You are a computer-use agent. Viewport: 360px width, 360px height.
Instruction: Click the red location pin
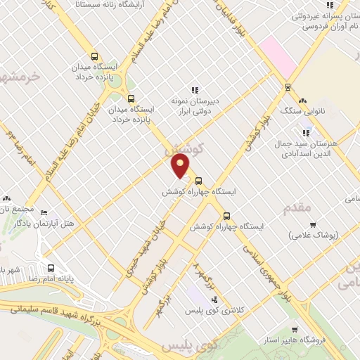coord(181,166)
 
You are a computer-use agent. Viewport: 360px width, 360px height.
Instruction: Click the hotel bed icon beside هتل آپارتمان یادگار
coord(44,212)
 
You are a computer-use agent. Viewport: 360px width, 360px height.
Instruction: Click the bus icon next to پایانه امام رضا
coord(51,267)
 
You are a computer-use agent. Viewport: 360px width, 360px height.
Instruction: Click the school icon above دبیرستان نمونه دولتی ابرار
coord(195,89)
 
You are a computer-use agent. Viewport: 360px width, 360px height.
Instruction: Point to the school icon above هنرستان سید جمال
coord(306,131)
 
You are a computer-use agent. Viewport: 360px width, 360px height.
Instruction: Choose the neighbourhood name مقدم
coord(296,208)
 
